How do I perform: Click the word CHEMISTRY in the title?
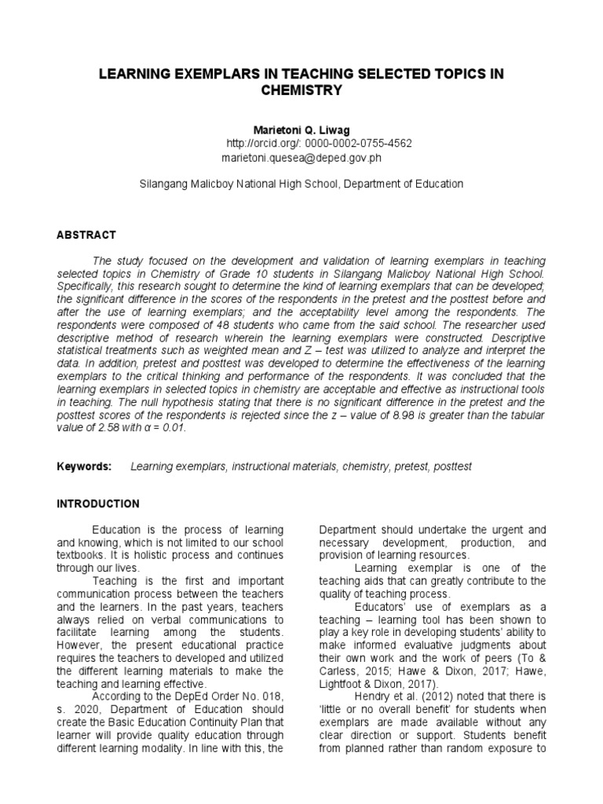click(x=301, y=90)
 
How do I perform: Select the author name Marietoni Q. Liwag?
click(x=301, y=130)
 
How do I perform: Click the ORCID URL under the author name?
click(x=319, y=144)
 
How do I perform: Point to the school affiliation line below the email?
click(x=301, y=184)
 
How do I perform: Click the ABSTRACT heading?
click(x=86, y=235)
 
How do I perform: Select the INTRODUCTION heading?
click(x=98, y=503)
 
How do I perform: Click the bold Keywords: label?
click(x=85, y=466)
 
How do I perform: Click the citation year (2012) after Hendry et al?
click(x=413, y=695)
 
